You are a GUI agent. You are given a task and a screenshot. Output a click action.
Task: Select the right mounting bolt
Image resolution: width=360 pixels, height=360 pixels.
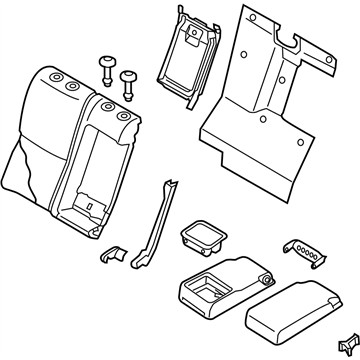128,79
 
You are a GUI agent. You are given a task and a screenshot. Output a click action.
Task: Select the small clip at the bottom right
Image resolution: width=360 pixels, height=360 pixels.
348,341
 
